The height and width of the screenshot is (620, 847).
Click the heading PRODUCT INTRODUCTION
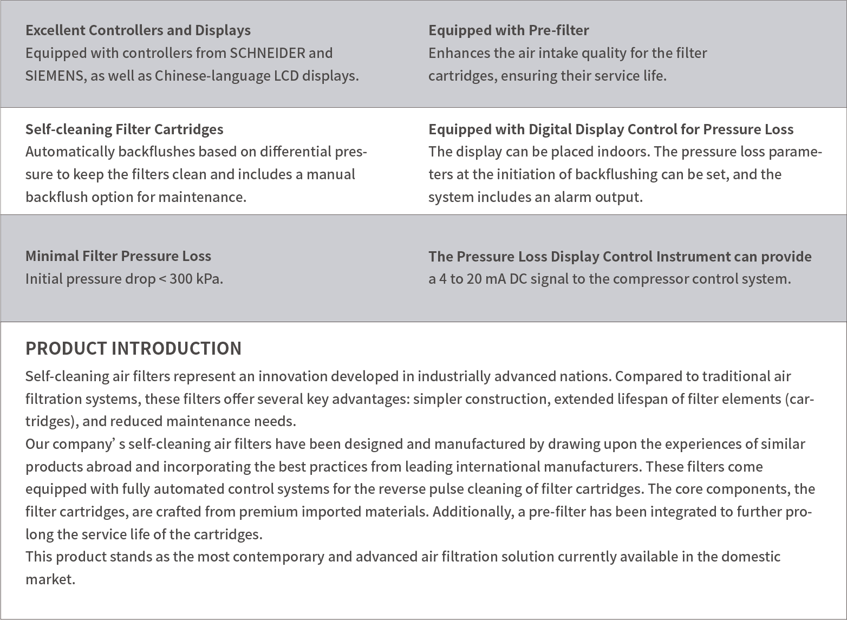pos(133,348)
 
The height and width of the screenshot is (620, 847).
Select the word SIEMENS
pos(55,76)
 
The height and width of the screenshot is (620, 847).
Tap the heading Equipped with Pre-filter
pos(509,30)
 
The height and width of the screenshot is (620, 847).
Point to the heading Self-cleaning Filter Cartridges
pos(124,129)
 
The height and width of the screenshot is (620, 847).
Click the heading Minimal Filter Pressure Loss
pos(118,256)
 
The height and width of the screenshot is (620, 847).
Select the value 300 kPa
pos(196,279)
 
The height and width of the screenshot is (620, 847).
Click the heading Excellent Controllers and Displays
pos(138,30)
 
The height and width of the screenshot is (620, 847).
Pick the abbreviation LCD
pos(286,76)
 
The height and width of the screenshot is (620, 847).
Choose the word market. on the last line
pos(50,579)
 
